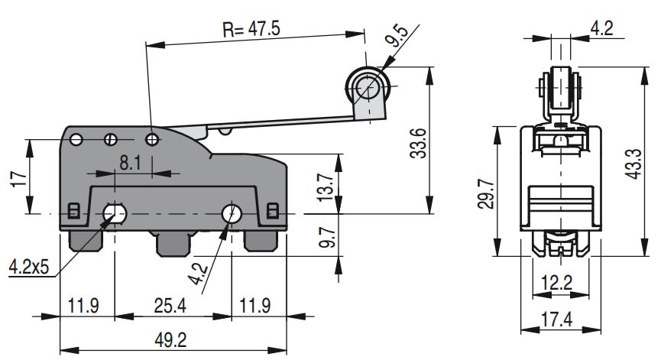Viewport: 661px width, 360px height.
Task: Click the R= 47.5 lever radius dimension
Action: point(251,29)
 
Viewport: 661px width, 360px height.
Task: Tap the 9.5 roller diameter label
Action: point(397,37)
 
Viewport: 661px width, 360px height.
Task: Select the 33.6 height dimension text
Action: point(417,142)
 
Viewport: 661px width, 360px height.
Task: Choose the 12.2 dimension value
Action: point(559,284)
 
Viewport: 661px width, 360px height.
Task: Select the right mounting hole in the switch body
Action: point(230,212)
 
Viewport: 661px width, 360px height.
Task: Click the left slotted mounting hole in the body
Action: point(115,212)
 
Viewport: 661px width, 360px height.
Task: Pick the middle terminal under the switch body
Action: point(174,244)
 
